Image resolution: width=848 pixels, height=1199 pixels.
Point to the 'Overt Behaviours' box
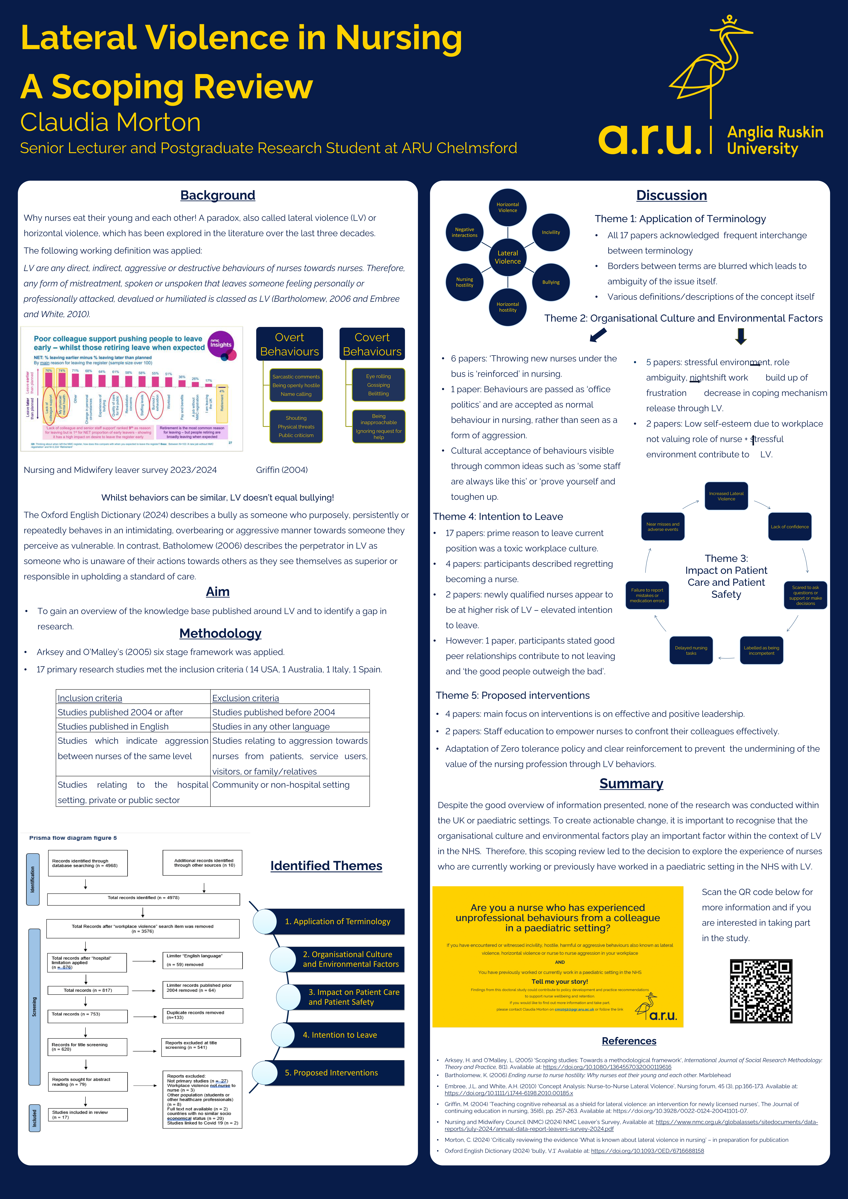pos(289,344)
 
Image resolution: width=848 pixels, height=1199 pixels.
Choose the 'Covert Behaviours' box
pos(372,344)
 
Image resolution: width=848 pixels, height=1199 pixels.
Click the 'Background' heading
pos(218,195)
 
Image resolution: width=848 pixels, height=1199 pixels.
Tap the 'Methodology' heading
pos(220,633)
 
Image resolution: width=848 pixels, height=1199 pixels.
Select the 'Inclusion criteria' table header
pos(90,698)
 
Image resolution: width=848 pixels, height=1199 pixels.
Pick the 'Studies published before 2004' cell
pos(274,712)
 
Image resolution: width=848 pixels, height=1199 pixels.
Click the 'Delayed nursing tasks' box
pos(691,650)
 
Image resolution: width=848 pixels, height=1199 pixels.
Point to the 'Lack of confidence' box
pos(789,526)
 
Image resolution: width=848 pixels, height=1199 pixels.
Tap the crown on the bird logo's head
pos(729,21)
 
